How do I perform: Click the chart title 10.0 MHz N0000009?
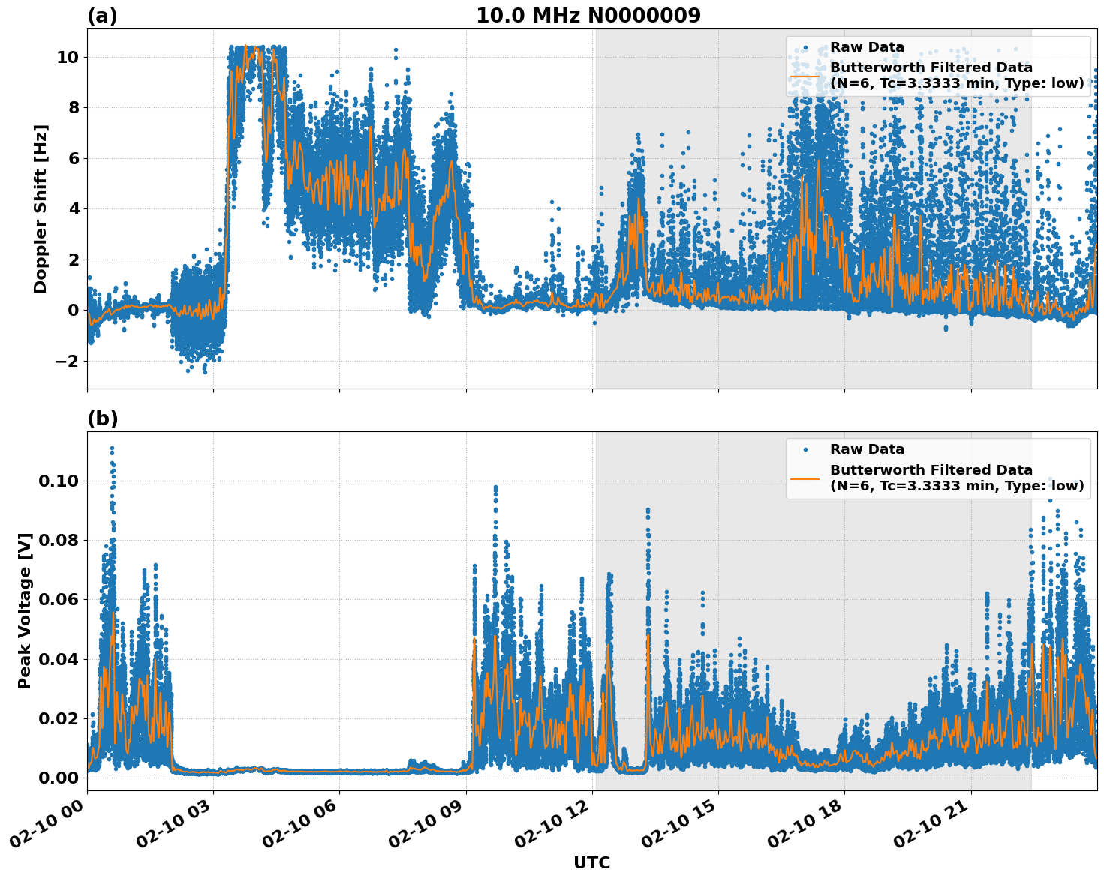(588, 16)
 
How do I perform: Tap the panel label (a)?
(102, 16)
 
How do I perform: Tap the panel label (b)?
(102, 418)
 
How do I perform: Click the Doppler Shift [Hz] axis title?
(41, 208)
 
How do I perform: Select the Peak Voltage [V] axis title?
(25, 611)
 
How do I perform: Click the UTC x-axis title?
(591, 862)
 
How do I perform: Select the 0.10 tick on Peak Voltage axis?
(58, 481)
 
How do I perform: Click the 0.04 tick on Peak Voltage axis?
(58, 659)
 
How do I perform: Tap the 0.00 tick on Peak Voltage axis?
(58, 778)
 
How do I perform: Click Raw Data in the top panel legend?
(867, 47)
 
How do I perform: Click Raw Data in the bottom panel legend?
(867, 449)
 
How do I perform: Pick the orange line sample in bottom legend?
(805, 478)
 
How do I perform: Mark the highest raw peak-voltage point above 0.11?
(112, 448)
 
